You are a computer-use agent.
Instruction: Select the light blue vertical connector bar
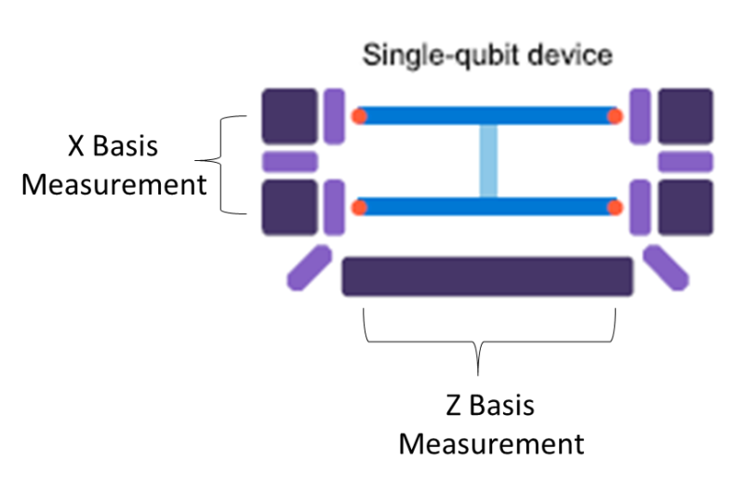tap(488, 161)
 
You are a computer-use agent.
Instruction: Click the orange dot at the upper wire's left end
tap(359, 116)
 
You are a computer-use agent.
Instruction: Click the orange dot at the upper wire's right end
tap(615, 116)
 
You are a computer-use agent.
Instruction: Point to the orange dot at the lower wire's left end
tap(359, 207)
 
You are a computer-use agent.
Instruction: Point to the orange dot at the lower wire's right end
tap(615, 207)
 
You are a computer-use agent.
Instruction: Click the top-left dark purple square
tap(289, 116)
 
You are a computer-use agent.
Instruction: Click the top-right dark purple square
tap(685, 116)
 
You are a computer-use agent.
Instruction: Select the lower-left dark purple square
tap(289, 207)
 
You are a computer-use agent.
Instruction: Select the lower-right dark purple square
tap(685, 207)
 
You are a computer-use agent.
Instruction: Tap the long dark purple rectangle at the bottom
tap(487, 276)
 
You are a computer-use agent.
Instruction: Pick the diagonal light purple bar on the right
tap(666, 268)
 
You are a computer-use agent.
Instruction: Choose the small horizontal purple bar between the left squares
tap(289, 162)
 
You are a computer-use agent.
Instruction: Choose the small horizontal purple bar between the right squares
tap(685, 162)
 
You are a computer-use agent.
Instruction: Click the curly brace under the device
tap(480, 344)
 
